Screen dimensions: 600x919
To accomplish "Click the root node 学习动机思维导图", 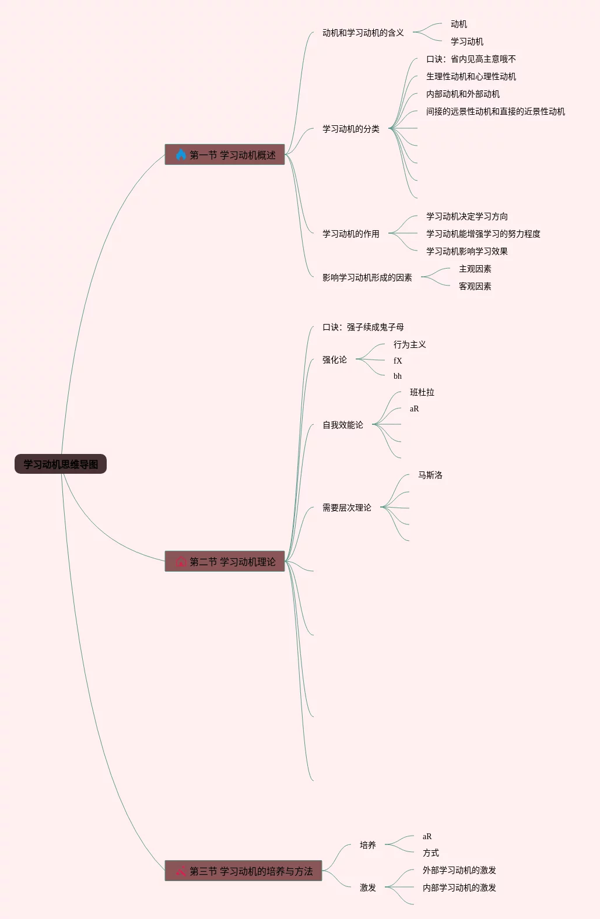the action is pos(61,464).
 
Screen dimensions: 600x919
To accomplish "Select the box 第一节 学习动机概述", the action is pos(224,154).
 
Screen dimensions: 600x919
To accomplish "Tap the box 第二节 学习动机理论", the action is pos(224,561).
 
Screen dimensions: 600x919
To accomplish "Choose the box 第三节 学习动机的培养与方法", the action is pos(243,871).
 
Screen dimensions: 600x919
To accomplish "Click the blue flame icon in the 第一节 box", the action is pos(181,154).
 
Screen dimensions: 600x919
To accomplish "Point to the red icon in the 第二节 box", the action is pos(181,562).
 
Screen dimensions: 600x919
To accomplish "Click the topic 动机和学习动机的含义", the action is pos(363,33).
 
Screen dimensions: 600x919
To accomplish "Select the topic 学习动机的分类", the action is pos(350,129).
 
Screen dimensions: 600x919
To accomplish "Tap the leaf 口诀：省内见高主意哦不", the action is pos(471,59).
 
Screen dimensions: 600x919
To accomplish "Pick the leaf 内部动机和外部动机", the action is pos(462,94).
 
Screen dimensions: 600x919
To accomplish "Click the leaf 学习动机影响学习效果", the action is pos(466,251).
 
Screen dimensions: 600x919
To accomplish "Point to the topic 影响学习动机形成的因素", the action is pos(367,277).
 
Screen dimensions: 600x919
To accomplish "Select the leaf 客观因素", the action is pos(475,286).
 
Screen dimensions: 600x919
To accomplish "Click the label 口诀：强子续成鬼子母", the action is pos(363,327).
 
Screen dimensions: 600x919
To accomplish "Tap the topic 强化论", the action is pos(334,360).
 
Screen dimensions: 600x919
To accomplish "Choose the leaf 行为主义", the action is pos(409,344).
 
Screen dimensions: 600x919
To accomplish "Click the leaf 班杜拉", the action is pos(422,392).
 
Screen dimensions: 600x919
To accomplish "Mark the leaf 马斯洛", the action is pos(430,475).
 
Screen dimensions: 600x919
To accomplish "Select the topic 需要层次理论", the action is pos(346,508).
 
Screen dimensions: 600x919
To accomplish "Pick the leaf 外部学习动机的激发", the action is pos(459,870).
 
